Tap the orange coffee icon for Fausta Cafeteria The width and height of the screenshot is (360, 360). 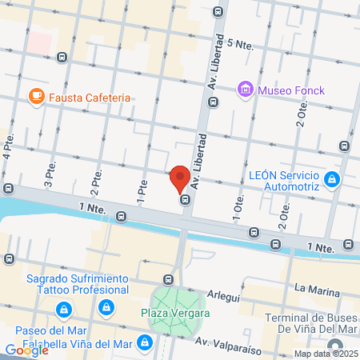[x=35, y=97]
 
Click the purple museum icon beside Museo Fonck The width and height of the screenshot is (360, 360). [x=246, y=90]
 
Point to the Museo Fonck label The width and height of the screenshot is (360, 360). [x=291, y=90]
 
